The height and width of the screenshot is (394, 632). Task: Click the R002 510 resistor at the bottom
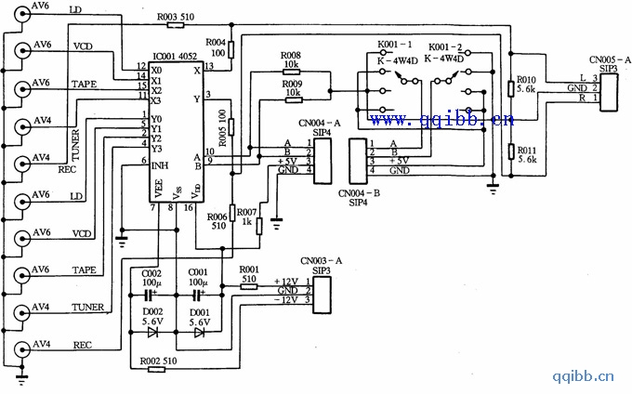point(156,369)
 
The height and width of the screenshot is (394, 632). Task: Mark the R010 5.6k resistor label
point(526,85)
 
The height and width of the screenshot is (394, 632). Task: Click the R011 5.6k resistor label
point(526,153)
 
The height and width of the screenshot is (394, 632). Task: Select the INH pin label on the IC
point(161,162)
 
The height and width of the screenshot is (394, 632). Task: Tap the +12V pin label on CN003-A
point(288,281)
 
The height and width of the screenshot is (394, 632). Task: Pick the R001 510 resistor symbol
point(248,287)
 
